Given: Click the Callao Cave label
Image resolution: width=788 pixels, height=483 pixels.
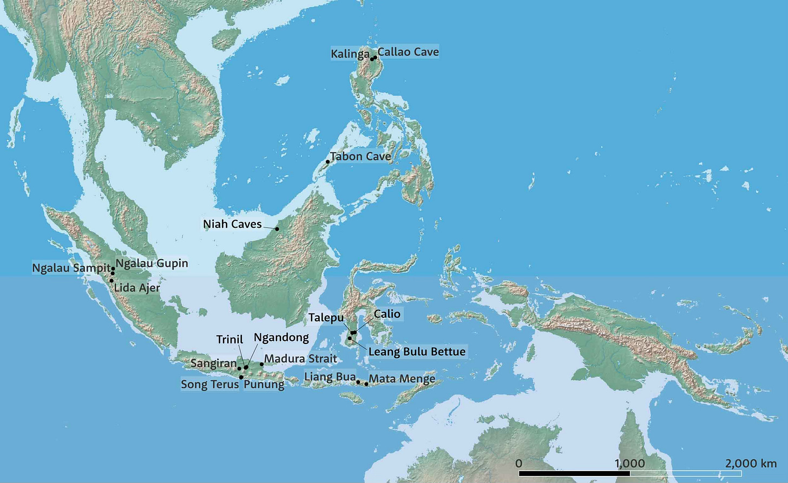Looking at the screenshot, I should (x=408, y=52).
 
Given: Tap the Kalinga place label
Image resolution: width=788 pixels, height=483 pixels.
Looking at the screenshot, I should (x=350, y=54).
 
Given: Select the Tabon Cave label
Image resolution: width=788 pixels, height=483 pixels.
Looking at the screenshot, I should (x=360, y=156).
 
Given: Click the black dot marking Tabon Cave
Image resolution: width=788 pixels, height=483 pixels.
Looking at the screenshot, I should (x=327, y=162).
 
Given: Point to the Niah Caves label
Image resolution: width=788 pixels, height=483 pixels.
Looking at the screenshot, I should (x=232, y=224).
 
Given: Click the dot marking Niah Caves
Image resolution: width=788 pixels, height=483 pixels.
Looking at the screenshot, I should (x=277, y=229).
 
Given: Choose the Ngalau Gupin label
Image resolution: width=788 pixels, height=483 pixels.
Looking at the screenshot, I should (x=152, y=263).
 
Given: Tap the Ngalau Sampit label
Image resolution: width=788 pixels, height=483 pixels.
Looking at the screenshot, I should (x=71, y=268).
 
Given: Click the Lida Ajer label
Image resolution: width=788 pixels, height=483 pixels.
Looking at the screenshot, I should (x=137, y=288).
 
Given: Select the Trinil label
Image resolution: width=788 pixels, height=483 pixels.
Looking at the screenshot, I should (x=229, y=339).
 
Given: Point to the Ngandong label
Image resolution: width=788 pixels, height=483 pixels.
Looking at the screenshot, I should (x=281, y=338).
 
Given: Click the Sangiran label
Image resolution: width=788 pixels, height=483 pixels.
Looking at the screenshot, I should (x=213, y=363).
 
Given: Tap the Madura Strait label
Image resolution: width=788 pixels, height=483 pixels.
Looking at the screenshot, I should (x=300, y=359).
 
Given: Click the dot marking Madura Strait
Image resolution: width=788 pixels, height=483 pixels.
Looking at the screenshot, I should (x=261, y=364).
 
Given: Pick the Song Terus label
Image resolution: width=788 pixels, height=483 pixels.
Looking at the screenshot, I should (x=209, y=385).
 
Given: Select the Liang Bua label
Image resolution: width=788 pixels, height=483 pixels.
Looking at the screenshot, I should (x=330, y=377).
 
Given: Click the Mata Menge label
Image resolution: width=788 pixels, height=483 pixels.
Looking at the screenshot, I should (x=402, y=379).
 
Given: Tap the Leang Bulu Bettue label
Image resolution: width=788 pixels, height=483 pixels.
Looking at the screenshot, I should (x=417, y=352).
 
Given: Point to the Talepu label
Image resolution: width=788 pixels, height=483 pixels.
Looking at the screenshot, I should (x=326, y=317).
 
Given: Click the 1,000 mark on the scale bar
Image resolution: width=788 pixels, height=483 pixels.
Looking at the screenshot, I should (x=630, y=464).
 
